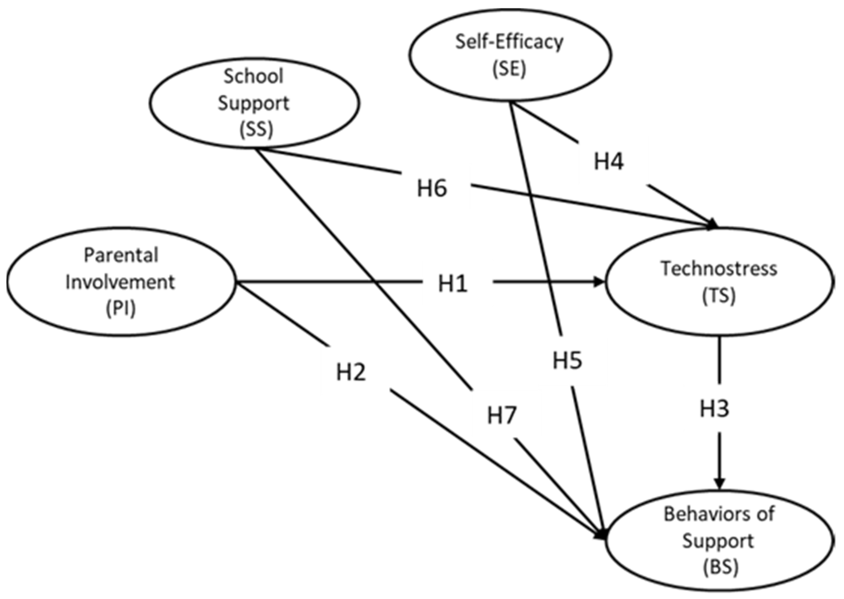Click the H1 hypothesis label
[453, 284]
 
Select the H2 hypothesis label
[351, 372]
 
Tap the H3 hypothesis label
[714, 409]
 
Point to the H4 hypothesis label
[609, 162]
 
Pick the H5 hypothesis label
[567, 360]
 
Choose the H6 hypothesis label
[432, 188]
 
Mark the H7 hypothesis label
[502, 416]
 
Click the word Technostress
[719, 269]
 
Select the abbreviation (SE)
[509, 69]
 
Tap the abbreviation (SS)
[256, 130]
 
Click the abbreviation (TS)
[719, 296]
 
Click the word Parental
[121, 255]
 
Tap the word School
[254, 76]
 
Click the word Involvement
[120, 282]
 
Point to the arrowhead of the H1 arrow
[599, 281]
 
